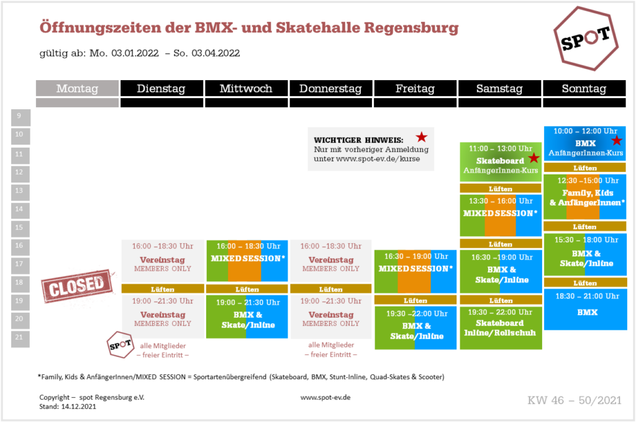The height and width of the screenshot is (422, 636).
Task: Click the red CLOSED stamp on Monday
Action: (x=76, y=286)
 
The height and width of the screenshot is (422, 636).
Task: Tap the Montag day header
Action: (x=78, y=88)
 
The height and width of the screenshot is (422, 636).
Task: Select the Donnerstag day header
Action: (x=330, y=88)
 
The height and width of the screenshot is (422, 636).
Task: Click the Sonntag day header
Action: (x=584, y=88)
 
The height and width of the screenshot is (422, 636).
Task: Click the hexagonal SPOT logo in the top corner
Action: (x=586, y=38)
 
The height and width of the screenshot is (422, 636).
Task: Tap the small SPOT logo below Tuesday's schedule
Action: (x=120, y=345)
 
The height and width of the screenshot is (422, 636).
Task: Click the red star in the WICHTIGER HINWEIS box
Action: (x=422, y=137)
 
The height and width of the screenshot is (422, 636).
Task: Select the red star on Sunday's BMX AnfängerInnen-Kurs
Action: (x=617, y=140)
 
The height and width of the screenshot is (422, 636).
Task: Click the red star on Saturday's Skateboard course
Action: (x=534, y=157)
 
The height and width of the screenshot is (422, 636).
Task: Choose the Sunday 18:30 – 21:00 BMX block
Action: (x=585, y=309)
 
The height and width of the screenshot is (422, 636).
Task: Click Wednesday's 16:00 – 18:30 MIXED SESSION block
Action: (x=247, y=261)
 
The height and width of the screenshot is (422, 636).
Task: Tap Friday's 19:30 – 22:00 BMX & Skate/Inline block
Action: (x=416, y=328)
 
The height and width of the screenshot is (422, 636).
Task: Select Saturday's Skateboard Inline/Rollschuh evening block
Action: (x=501, y=328)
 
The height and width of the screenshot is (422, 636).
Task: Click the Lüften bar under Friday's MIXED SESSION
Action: (x=416, y=300)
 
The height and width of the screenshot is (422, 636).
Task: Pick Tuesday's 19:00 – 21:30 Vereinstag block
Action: (x=163, y=316)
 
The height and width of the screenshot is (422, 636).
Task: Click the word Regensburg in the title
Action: (x=411, y=28)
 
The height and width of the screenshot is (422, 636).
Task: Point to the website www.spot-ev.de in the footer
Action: (x=325, y=398)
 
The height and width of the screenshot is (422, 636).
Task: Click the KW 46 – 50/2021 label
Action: (x=575, y=400)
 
